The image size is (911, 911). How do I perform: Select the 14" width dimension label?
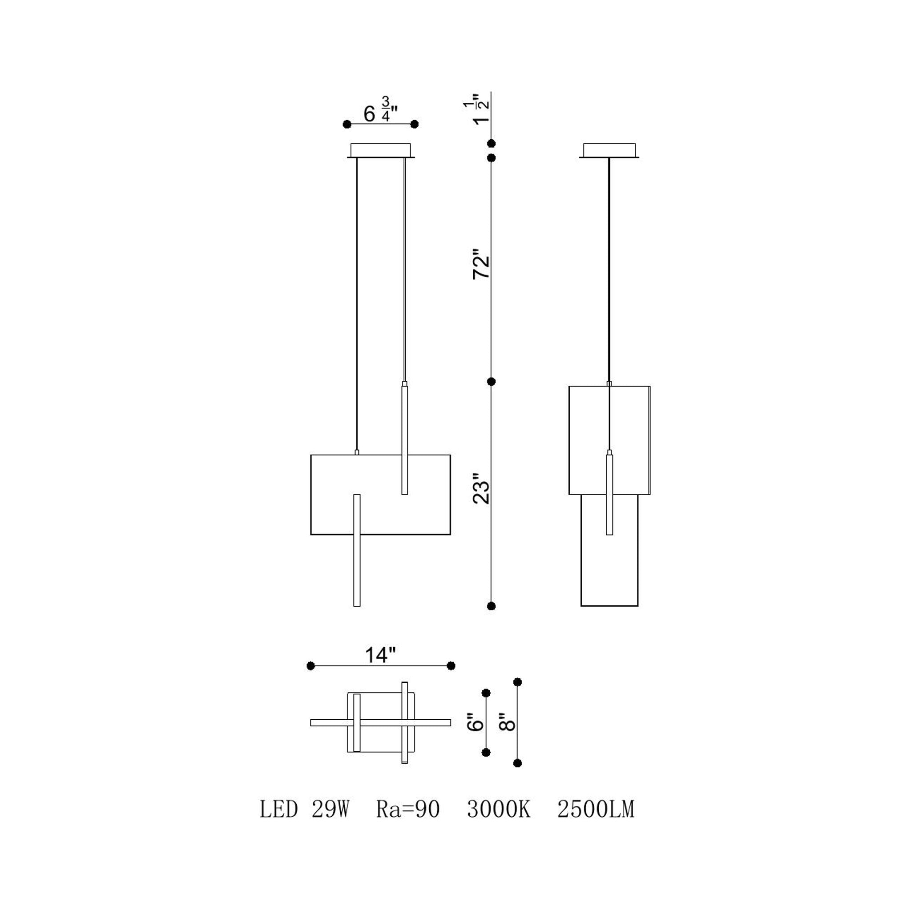click(x=380, y=654)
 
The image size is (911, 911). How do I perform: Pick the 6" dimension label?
click(x=476, y=722)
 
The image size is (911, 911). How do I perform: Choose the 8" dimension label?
click(x=508, y=722)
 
